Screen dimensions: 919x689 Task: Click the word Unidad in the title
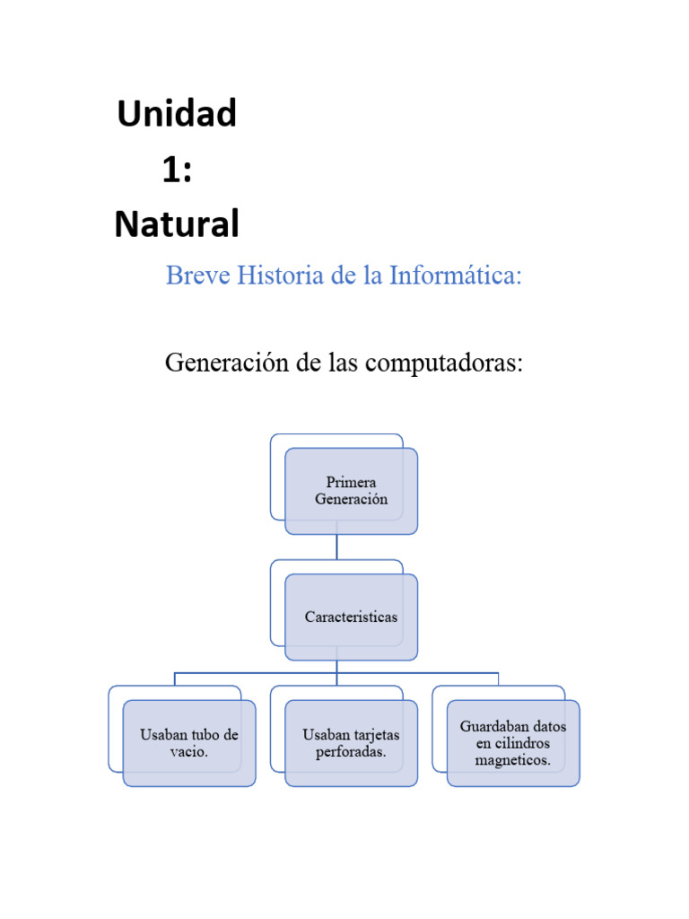[177, 114]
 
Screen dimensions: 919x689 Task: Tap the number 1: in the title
[177, 169]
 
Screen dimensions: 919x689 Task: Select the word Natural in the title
[177, 223]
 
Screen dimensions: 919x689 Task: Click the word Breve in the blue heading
[196, 276]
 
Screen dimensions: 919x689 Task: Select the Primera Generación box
[351, 491]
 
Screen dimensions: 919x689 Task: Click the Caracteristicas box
[351, 617]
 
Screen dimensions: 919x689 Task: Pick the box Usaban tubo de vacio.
[189, 743]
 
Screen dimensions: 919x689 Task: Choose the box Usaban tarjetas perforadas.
[351, 743]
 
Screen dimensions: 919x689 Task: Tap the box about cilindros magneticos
[513, 743]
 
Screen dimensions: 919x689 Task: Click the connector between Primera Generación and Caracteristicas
[336, 547]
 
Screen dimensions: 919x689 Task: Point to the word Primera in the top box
[351, 483]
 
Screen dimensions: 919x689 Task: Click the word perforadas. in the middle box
[351, 752]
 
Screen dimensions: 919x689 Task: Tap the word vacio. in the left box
[189, 752]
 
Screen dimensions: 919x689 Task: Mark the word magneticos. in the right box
[513, 761]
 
